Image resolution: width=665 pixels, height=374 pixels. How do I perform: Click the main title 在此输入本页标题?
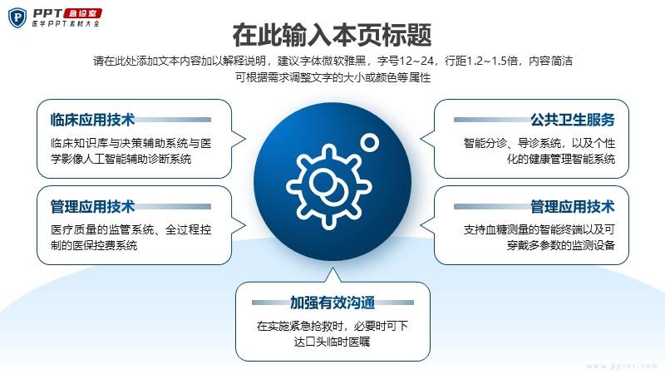click(332, 35)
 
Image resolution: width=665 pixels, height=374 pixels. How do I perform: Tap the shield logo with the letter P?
click(17, 17)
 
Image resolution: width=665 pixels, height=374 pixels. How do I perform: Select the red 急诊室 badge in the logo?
click(82, 13)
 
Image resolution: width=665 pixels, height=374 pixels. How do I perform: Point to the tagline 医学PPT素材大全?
click(66, 24)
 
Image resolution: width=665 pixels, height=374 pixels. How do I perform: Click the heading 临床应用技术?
click(92, 120)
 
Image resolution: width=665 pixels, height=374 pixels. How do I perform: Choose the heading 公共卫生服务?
click(573, 120)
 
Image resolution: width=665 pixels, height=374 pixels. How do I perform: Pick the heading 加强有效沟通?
click(332, 303)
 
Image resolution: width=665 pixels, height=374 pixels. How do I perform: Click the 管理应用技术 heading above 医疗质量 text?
click(92, 206)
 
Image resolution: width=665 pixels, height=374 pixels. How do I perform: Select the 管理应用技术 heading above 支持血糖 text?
click(573, 206)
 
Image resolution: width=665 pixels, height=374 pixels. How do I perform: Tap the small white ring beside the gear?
click(370, 142)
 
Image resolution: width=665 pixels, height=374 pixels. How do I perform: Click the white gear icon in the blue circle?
click(328, 186)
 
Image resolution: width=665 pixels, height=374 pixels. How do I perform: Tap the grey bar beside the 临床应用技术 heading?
click(173, 120)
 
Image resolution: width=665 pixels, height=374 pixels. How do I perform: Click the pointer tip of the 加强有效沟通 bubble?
click(333, 268)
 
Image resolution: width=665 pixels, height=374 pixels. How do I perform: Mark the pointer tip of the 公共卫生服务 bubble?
click(421, 139)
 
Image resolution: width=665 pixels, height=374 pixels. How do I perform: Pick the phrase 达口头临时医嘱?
click(332, 342)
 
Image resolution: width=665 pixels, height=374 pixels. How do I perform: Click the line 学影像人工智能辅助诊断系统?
click(121, 159)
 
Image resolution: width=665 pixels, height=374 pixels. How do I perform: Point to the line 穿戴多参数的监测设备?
click(560, 245)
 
